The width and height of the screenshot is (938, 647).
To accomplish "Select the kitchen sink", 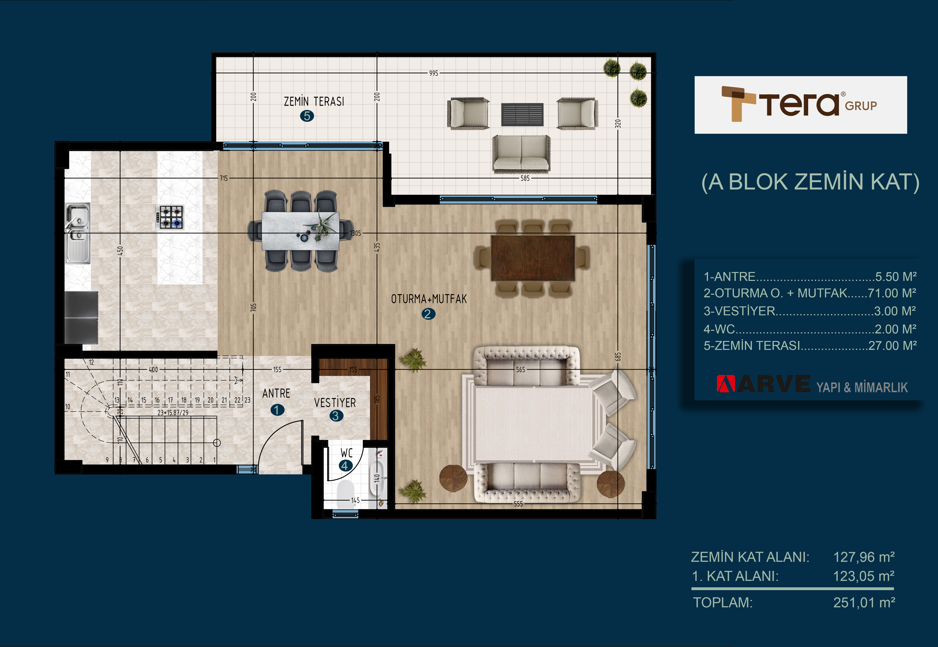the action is click(x=78, y=233).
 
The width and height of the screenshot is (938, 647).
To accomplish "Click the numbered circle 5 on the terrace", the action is click(x=307, y=116).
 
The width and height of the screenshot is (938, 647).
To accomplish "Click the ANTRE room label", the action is click(x=276, y=393).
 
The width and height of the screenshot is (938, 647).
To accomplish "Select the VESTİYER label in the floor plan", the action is click(x=335, y=403).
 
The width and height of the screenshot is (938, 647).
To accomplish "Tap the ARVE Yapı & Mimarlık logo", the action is click(x=812, y=384).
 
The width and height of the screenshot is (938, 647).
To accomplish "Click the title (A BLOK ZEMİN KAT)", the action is click(x=810, y=182).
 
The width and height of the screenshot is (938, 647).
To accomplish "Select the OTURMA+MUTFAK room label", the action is click(x=429, y=299).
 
